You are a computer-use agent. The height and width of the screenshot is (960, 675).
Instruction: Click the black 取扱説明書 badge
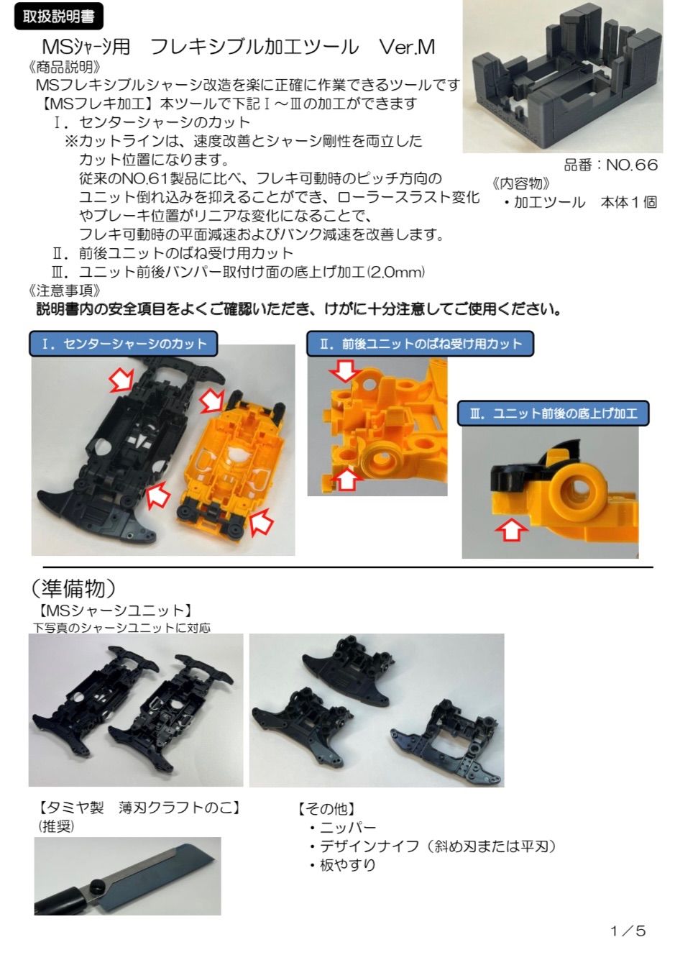click(x=58, y=17)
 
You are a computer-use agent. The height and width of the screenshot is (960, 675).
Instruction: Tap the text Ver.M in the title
click(x=407, y=47)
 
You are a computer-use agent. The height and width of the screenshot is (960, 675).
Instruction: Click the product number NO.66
click(x=631, y=165)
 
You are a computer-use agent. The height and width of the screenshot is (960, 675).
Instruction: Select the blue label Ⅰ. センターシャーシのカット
click(x=124, y=344)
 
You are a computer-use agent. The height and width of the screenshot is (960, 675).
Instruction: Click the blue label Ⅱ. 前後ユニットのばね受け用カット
click(x=421, y=344)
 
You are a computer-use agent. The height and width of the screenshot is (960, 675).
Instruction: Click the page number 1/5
click(x=628, y=931)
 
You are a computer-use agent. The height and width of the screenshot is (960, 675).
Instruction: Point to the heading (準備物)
click(x=73, y=588)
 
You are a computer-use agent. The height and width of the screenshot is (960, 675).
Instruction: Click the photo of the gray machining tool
click(x=563, y=78)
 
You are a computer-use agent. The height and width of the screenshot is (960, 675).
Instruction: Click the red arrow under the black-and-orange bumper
click(x=511, y=530)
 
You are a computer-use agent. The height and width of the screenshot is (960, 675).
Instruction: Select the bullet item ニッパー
click(x=347, y=828)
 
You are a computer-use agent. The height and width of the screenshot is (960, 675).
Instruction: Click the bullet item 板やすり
click(x=347, y=865)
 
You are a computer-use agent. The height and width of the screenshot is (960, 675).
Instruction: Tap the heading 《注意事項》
click(x=65, y=291)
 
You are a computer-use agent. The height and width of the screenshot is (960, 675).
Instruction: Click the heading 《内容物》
click(x=521, y=183)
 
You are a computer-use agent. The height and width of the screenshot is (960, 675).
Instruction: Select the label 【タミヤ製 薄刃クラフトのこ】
click(x=139, y=808)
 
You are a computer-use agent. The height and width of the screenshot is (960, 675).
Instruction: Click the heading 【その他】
click(x=326, y=809)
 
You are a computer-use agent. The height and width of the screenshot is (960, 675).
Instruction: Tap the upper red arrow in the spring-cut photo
click(x=346, y=370)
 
